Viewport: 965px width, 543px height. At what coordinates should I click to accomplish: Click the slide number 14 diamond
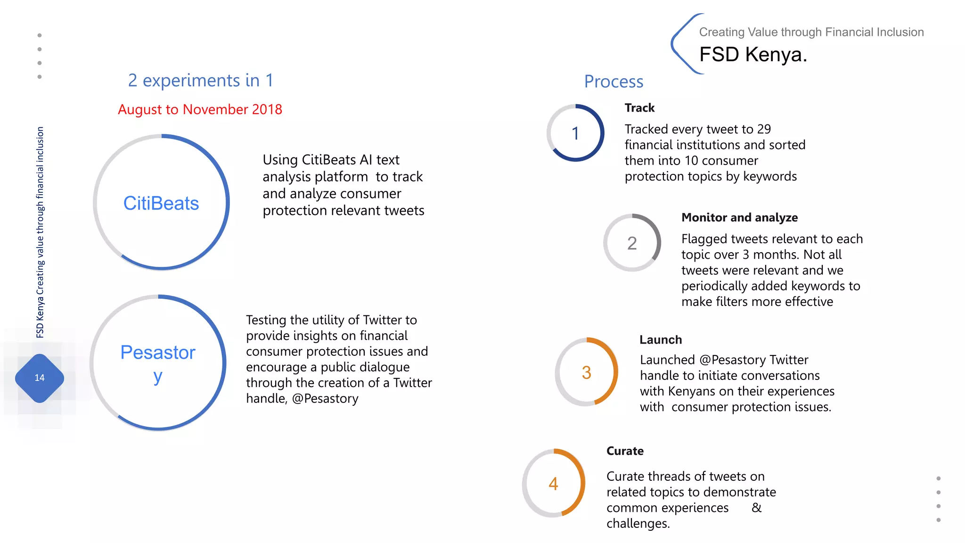pyautogui.click(x=40, y=378)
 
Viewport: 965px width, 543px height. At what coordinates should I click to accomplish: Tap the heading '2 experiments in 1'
pyautogui.click(x=201, y=81)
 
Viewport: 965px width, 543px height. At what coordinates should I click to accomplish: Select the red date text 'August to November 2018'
pyautogui.click(x=200, y=109)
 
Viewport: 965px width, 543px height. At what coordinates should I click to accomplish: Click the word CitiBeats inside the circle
pyautogui.click(x=161, y=203)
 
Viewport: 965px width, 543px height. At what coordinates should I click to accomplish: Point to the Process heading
pyautogui.click(x=613, y=82)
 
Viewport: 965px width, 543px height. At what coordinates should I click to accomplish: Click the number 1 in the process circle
pyautogui.click(x=575, y=133)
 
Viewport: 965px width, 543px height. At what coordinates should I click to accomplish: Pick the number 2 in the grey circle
pyautogui.click(x=632, y=243)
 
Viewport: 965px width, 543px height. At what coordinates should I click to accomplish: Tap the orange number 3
pyautogui.click(x=586, y=373)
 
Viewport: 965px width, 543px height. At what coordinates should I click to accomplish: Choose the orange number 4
pyautogui.click(x=553, y=484)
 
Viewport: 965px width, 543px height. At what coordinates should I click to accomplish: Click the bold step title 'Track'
pyautogui.click(x=639, y=108)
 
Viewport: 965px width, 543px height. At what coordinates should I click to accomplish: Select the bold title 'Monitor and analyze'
pyautogui.click(x=739, y=217)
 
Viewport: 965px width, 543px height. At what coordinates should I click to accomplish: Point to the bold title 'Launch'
pyautogui.click(x=661, y=340)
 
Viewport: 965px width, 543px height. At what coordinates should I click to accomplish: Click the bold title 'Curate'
pyautogui.click(x=625, y=451)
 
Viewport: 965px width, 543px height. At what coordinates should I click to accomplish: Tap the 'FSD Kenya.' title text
pyautogui.click(x=753, y=55)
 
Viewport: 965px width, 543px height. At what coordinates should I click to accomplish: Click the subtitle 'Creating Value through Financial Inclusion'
pyautogui.click(x=811, y=32)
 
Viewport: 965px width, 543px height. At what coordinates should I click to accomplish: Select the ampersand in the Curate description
pyautogui.click(x=756, y=508)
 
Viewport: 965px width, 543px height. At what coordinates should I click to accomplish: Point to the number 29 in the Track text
pyautogui.click(x=764, y=129)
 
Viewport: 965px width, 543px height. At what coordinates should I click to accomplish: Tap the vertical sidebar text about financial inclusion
pyautogui.click(x=40, y=232)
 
